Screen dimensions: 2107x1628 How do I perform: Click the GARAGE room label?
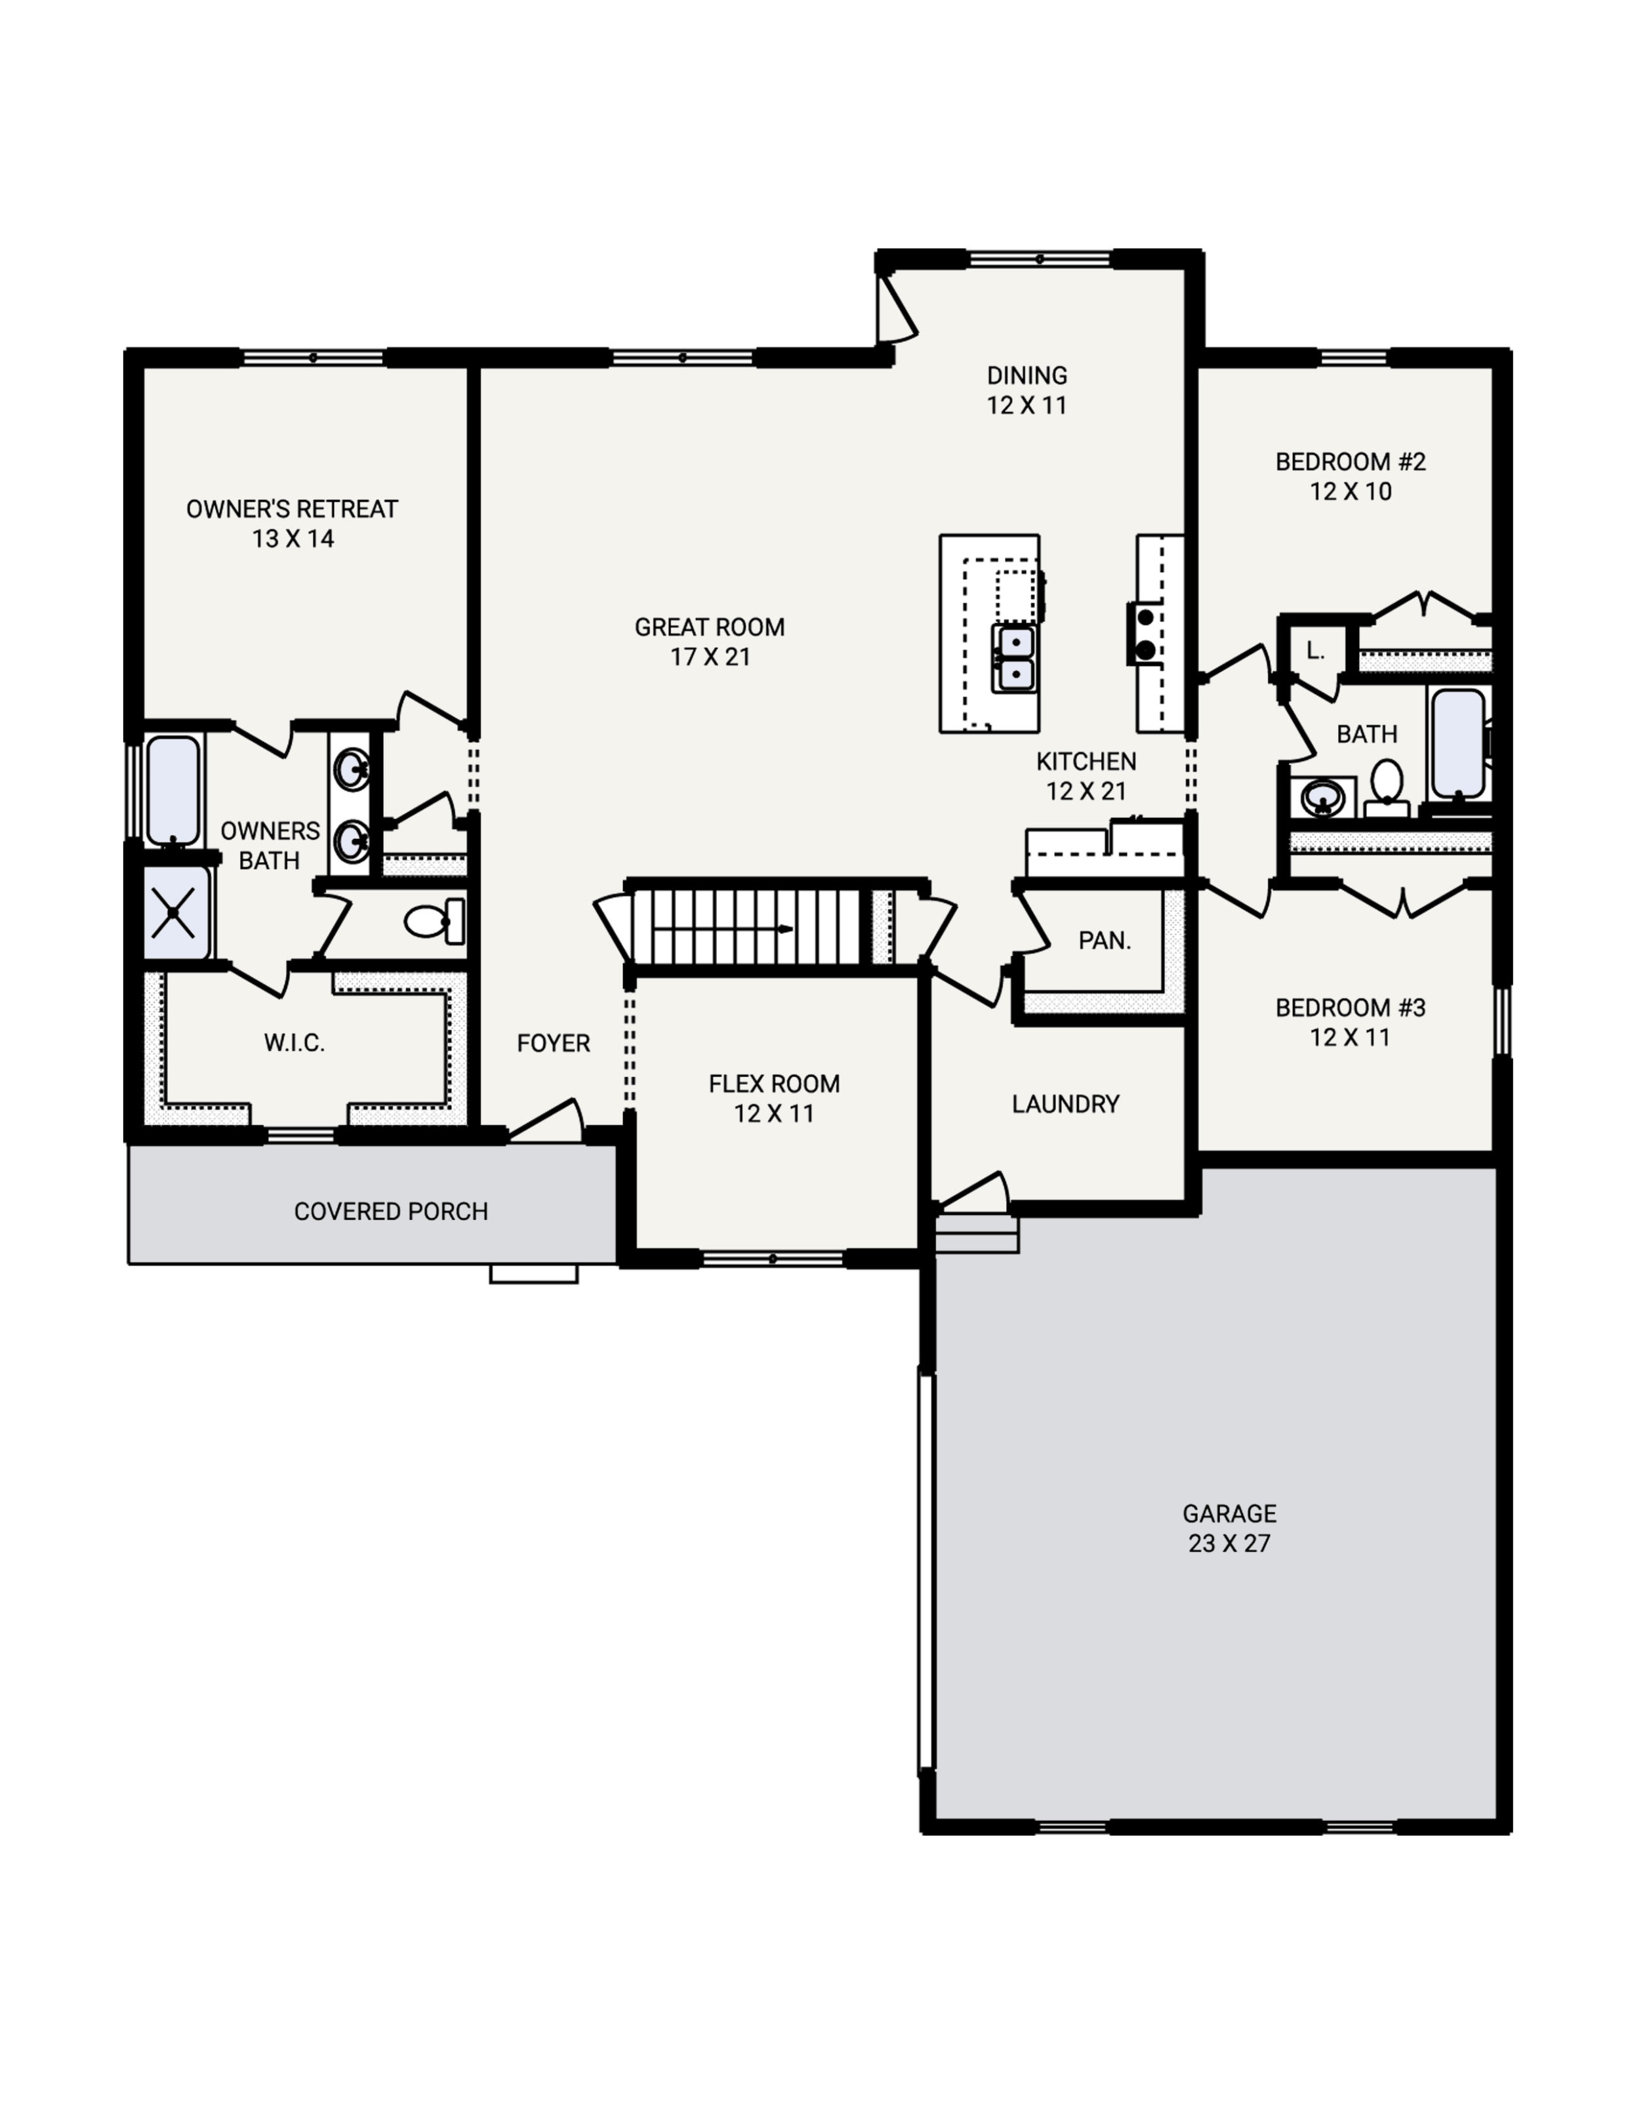pos(1229,1513)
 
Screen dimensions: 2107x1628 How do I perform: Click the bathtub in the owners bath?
pos(173,790)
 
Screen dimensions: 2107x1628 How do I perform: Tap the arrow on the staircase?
pos(783,929)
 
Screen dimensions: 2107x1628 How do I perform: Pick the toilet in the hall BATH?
pos(1386,783)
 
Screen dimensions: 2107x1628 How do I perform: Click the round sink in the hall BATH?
pos(1322,798)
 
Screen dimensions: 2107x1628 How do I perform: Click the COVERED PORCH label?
pos(391,1212)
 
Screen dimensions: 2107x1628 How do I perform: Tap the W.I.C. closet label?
pos(294,1043)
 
